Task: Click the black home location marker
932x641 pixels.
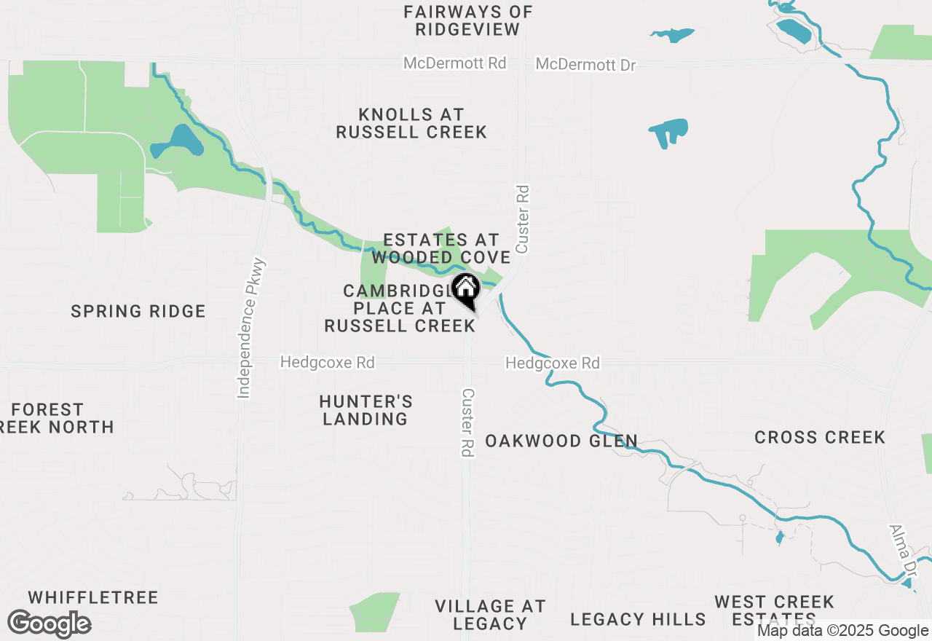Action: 465,290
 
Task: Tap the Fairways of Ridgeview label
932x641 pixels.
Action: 468,20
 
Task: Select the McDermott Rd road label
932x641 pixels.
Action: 454,63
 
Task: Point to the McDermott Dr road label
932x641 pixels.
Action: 585,65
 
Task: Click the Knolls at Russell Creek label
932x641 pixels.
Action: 411,123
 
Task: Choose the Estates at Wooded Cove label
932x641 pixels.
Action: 441,248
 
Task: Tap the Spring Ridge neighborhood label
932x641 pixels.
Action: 138,312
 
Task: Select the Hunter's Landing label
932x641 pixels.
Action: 366,410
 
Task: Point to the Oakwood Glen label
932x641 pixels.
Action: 561,441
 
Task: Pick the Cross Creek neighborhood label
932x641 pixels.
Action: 819,437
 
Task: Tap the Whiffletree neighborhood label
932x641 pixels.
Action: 82,598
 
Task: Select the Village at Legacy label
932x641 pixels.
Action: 490,615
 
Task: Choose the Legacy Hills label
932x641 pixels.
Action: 638,619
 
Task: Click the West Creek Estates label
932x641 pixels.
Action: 774,610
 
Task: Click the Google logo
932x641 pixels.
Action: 49,624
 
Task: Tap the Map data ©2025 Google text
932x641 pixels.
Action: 842,631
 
